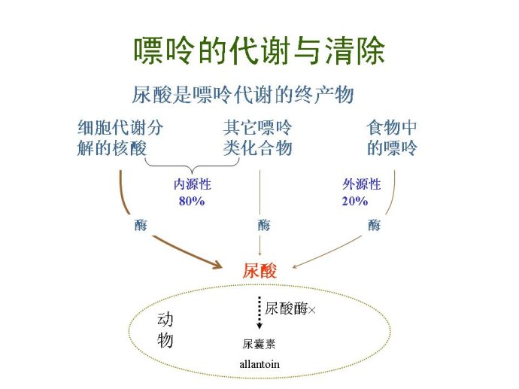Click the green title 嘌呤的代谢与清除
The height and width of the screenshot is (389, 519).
click(259, 50)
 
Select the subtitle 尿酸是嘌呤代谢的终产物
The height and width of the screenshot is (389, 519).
click(243, 95)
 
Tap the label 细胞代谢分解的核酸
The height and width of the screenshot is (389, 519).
click(120, 138)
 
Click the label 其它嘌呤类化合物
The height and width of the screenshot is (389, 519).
click(257, 138)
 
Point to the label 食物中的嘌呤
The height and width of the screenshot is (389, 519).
click(392, 138)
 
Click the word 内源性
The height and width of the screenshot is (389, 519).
click(193, 184)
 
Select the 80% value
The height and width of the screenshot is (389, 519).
click(192, 201)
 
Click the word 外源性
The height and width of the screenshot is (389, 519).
click(362, 184)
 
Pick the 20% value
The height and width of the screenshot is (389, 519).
click(355, 201)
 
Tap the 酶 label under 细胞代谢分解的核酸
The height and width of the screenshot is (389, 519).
click(141, 225)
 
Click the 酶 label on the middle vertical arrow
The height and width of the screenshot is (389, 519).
click(264, 225)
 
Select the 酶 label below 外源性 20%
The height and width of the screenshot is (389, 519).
click(375, 225)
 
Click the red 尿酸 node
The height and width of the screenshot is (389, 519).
click(259, 270)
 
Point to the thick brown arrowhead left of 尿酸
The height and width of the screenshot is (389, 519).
click(217, 265)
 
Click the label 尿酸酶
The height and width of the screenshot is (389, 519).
click(286, 308)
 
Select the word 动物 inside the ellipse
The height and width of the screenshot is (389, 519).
click(165, 330)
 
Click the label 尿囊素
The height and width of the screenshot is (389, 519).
click(259, 344)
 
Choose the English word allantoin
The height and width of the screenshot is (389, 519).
click(259, 364)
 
